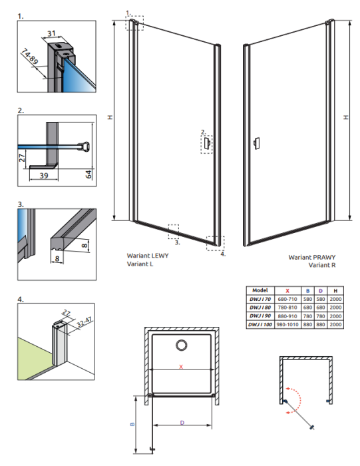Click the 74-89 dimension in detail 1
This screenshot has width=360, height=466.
30,57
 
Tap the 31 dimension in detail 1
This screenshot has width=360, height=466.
52,33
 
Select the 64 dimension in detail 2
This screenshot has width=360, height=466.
89,174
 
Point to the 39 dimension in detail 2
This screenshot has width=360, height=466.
44,176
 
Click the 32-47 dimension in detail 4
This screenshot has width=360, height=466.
85,322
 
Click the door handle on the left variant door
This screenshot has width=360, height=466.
208,144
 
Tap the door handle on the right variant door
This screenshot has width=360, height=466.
257,143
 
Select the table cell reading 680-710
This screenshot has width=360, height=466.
287,299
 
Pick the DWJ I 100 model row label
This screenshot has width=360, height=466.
260,325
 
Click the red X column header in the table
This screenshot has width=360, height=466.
287,291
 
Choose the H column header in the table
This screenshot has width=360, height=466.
335,291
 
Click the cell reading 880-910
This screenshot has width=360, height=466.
287,316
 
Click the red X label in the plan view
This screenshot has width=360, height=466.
181,367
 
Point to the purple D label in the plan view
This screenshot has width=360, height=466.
182,423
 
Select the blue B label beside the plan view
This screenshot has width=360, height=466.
132,424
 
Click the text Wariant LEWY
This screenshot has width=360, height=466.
148,256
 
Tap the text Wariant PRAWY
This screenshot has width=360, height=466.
312,258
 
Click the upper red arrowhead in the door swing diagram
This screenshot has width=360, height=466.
287,388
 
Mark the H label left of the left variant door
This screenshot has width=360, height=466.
110,117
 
